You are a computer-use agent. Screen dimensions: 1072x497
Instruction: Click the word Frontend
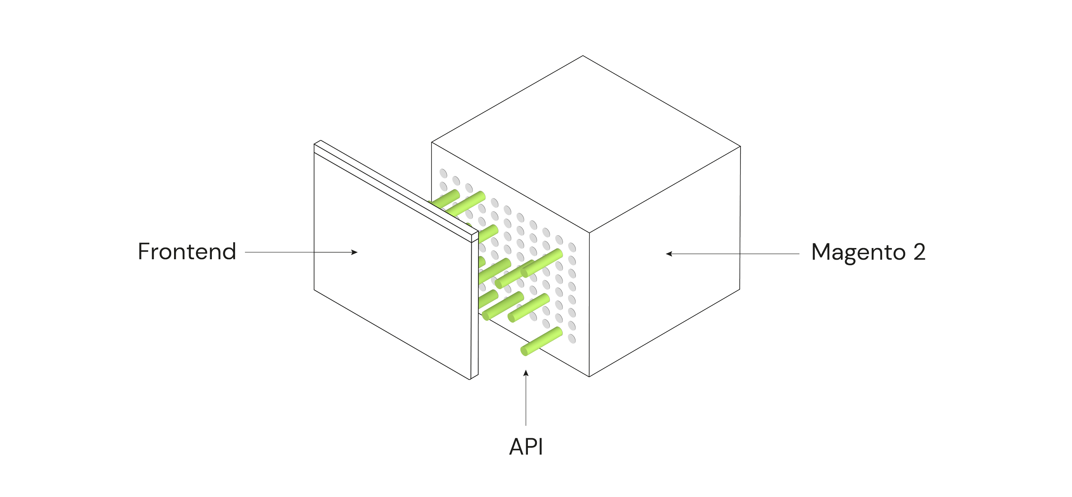point(187,251)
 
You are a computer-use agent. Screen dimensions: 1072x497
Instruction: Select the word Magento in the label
point(858,253)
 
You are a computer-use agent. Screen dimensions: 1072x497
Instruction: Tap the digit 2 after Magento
point(919,252)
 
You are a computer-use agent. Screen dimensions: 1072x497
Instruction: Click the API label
point(526,447)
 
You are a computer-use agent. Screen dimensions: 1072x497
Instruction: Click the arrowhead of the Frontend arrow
point(355,252)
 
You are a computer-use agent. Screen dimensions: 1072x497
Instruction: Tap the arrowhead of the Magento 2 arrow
point(669,254)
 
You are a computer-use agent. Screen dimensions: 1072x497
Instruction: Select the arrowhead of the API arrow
point(526,373)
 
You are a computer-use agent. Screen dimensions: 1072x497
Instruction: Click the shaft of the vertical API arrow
point(526,398)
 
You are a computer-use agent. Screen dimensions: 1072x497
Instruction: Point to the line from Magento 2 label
point(732,254)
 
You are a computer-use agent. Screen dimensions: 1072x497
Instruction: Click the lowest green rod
point(542,341)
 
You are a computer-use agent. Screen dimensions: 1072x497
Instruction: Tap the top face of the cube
point(586,144)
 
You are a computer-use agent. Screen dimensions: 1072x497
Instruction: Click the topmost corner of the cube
point(583,56)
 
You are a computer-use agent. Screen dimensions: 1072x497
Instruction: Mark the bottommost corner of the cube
point(589,377)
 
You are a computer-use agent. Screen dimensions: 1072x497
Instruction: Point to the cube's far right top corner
point(741,147)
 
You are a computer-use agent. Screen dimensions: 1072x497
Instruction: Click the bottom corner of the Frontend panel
point(470,380)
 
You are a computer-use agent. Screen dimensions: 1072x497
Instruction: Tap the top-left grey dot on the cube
point(443,174)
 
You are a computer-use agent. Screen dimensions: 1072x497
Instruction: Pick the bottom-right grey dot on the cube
point(572,338)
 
